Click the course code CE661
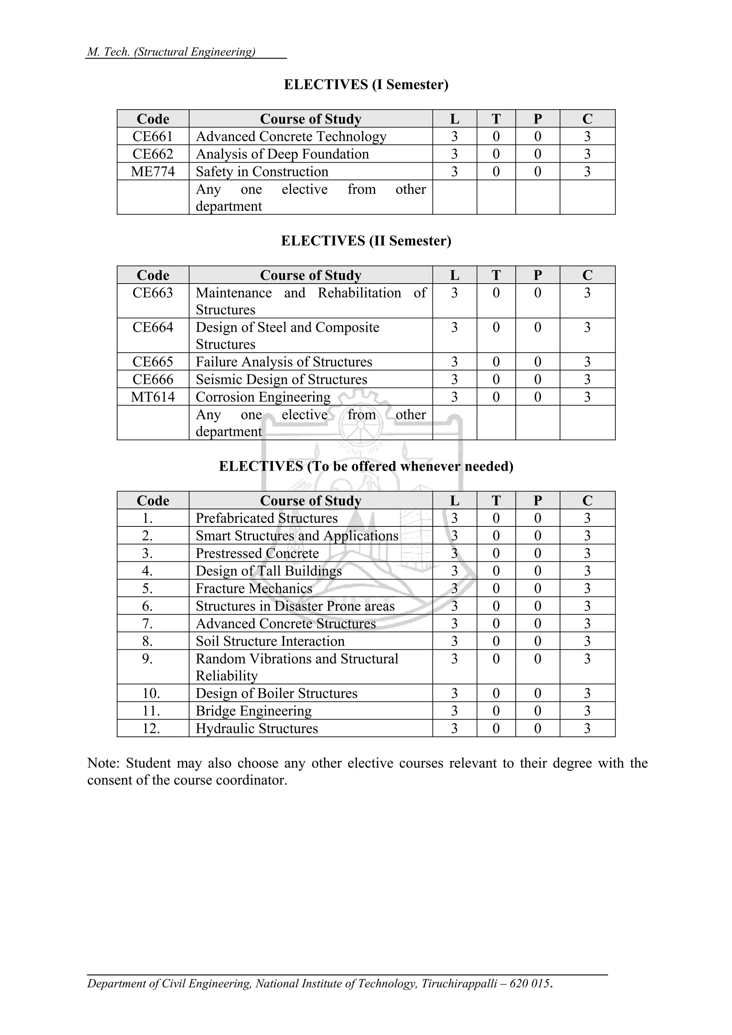153,136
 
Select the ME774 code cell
153,171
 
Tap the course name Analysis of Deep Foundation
282,154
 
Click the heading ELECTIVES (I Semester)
366,84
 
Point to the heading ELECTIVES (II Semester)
366,241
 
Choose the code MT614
153,397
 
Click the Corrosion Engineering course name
263,397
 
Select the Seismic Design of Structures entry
281,379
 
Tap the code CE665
153,361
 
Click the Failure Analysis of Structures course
284,361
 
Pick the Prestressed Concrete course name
257,553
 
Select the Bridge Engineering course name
253,711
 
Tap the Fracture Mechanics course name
254,588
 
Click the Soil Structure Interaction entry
270,641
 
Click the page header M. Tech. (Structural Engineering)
172,52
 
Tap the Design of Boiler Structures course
277,693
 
